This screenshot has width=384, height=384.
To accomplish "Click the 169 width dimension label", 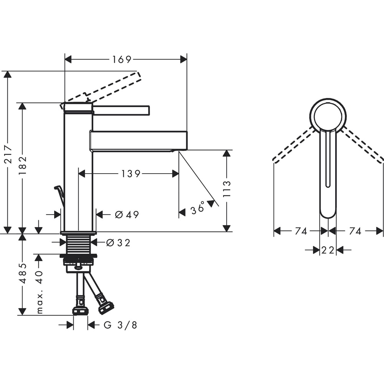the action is pos(122,59).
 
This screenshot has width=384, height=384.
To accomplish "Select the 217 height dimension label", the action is pos(9,154).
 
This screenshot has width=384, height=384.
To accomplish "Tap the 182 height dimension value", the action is pos(23,165).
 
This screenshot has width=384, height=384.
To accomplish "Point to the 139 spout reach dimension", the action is pos(131,174).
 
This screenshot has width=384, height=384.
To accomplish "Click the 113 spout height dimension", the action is pos(227,189).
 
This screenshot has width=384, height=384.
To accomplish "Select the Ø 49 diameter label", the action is pos(127,215).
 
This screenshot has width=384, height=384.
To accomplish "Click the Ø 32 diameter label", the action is pos(118,243).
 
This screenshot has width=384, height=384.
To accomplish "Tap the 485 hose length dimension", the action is pos(23,273).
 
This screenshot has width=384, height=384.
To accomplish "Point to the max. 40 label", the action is pos(40,292).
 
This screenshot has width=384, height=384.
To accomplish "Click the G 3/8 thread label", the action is pos(120,325).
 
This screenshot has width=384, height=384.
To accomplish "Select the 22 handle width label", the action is pos(328,250).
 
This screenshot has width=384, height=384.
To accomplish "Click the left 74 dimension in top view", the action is pos(301,231).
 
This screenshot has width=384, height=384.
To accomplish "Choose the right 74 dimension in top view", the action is pos(355,231).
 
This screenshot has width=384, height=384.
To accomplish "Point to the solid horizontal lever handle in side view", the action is pos(121,110).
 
